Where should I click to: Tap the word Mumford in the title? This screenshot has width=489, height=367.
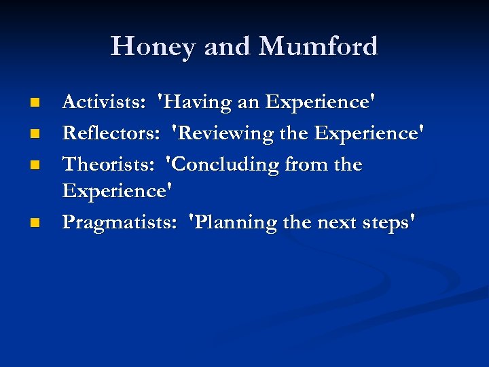(319, 47)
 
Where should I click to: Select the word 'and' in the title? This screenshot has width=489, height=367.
(228, 47)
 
